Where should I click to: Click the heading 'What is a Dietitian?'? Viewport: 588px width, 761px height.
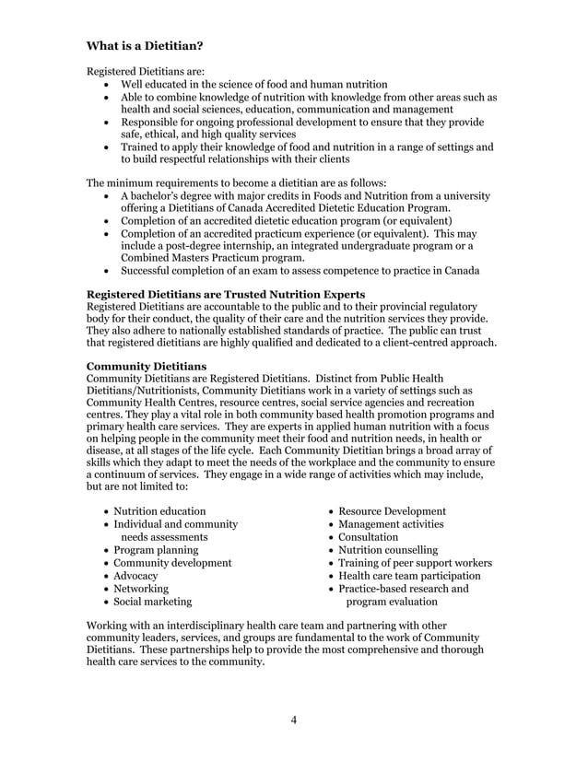[x=145, y=45]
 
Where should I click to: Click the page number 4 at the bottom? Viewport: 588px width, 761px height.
[x=293, y=720]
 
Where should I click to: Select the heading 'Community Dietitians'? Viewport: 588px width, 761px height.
[x=146, y=366]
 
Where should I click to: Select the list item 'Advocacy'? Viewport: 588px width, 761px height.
[x=135, y=576]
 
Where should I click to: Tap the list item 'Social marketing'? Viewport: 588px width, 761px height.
[x=153, y=602]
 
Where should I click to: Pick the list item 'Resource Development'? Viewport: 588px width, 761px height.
[x=392, y=511]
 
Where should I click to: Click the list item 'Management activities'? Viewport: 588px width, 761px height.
[x=391, y=524]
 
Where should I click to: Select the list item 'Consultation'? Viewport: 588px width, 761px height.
[x=369, y=537]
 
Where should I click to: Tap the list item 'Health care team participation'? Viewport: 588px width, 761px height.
[x=409, y=576]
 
